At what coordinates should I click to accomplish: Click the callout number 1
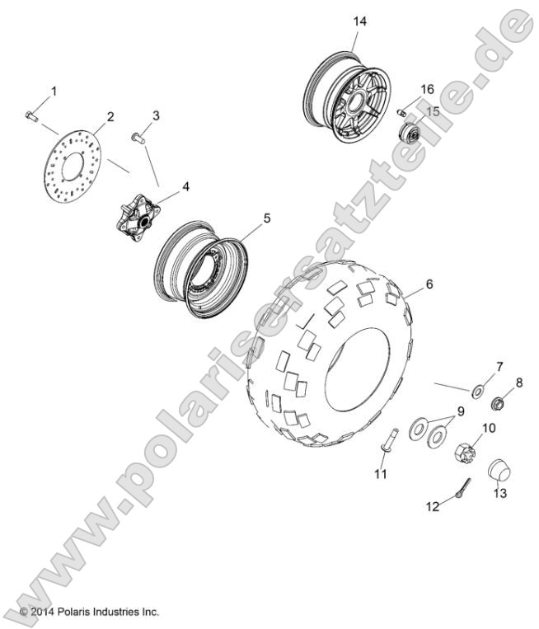(55, 90)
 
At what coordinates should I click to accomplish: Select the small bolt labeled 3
(138, 137)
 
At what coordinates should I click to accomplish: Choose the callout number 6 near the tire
(429, 284)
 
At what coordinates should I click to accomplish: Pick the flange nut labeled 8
(499, 403)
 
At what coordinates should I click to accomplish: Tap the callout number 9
(460, 410)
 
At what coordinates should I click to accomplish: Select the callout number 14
(358, 20)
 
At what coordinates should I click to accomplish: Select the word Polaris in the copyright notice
(79, 612)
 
